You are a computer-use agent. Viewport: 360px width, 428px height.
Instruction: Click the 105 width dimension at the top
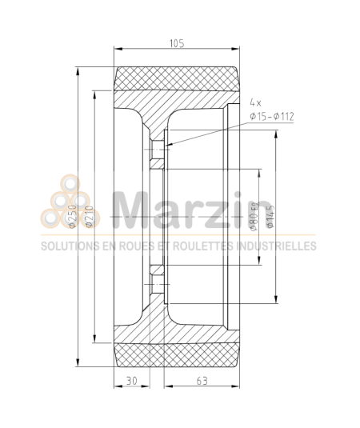[177, 44]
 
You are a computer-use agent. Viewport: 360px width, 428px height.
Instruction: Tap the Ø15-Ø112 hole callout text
[272, 117]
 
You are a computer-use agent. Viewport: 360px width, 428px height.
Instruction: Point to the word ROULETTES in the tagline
[196, 246]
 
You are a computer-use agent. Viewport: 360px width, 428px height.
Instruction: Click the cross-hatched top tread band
[177, 79]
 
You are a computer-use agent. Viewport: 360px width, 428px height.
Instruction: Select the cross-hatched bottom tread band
[177, 353]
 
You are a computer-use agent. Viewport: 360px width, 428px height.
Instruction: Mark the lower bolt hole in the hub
[157, 286]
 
